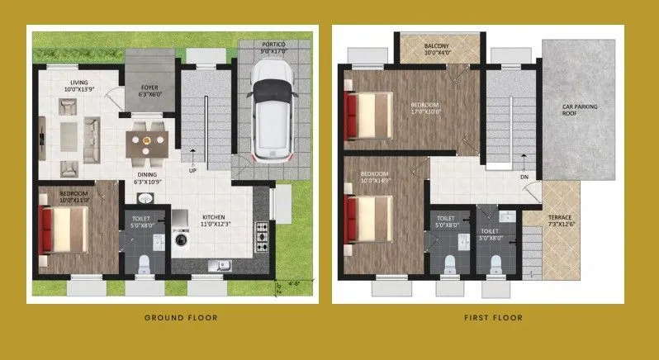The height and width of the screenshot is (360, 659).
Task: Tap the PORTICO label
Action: click(273, 44)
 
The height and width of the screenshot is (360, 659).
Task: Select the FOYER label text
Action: click(149, 86)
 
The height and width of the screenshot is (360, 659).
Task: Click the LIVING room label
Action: click(78, 83)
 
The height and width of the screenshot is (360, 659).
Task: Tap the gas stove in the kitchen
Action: click(263, 236)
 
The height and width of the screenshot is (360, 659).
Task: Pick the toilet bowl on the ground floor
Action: click(143, 263)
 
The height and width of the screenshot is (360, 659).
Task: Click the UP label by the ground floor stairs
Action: click(192, 172)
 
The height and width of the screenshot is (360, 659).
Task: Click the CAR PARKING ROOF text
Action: click(580, 110)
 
